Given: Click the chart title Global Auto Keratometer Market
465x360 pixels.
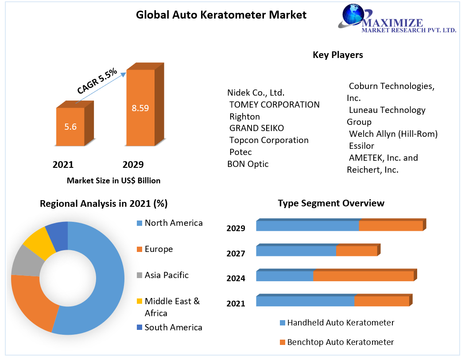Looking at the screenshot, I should point(221,15).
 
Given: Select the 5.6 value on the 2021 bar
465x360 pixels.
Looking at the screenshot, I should point(70,127).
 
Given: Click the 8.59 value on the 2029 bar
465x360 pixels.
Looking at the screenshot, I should point(140,108).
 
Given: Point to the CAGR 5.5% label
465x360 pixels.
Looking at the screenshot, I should point(97,81).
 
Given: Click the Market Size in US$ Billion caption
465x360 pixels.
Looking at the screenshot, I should point(113,180).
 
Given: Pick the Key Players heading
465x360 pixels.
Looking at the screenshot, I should point(337,55).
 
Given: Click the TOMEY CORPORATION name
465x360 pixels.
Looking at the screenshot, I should point(274,105).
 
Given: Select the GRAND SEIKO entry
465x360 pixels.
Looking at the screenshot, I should point(256,128).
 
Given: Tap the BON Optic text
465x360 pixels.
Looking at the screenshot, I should point(248,164).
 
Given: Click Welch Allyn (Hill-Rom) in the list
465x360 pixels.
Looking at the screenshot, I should point(393,134).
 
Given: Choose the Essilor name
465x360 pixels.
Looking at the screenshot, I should point(361,146).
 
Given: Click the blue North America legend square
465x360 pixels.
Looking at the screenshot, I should point(139,223).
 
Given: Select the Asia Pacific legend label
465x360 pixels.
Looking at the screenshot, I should point(167,275).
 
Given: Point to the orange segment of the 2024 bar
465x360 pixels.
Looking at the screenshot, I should point(363,276).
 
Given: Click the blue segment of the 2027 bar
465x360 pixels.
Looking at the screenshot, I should point(296,251).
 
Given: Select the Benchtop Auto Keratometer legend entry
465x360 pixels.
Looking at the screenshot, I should point(340,342).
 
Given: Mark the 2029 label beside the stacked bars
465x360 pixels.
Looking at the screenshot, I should point(236,228).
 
